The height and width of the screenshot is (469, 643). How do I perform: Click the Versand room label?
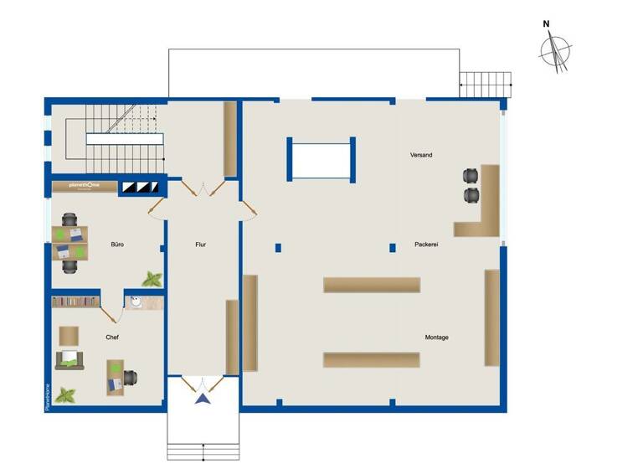point(421,155)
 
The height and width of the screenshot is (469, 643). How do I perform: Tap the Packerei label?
point(426,245)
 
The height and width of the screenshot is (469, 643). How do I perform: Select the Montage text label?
point(436,338)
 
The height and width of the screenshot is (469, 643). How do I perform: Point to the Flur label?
point(201,245)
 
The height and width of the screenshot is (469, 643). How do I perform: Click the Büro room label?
point(118,245)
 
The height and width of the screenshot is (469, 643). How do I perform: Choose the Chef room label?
point(112,338)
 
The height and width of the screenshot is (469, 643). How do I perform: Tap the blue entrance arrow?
point(202,398)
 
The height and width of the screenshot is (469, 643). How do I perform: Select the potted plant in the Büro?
point(152,278)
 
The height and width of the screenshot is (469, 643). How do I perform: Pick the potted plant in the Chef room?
point(65,394)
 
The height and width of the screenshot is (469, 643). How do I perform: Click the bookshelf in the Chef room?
point(75,301)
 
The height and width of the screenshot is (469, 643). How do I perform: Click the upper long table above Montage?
point(372,285)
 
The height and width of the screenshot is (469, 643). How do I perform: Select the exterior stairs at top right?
point(486,84)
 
